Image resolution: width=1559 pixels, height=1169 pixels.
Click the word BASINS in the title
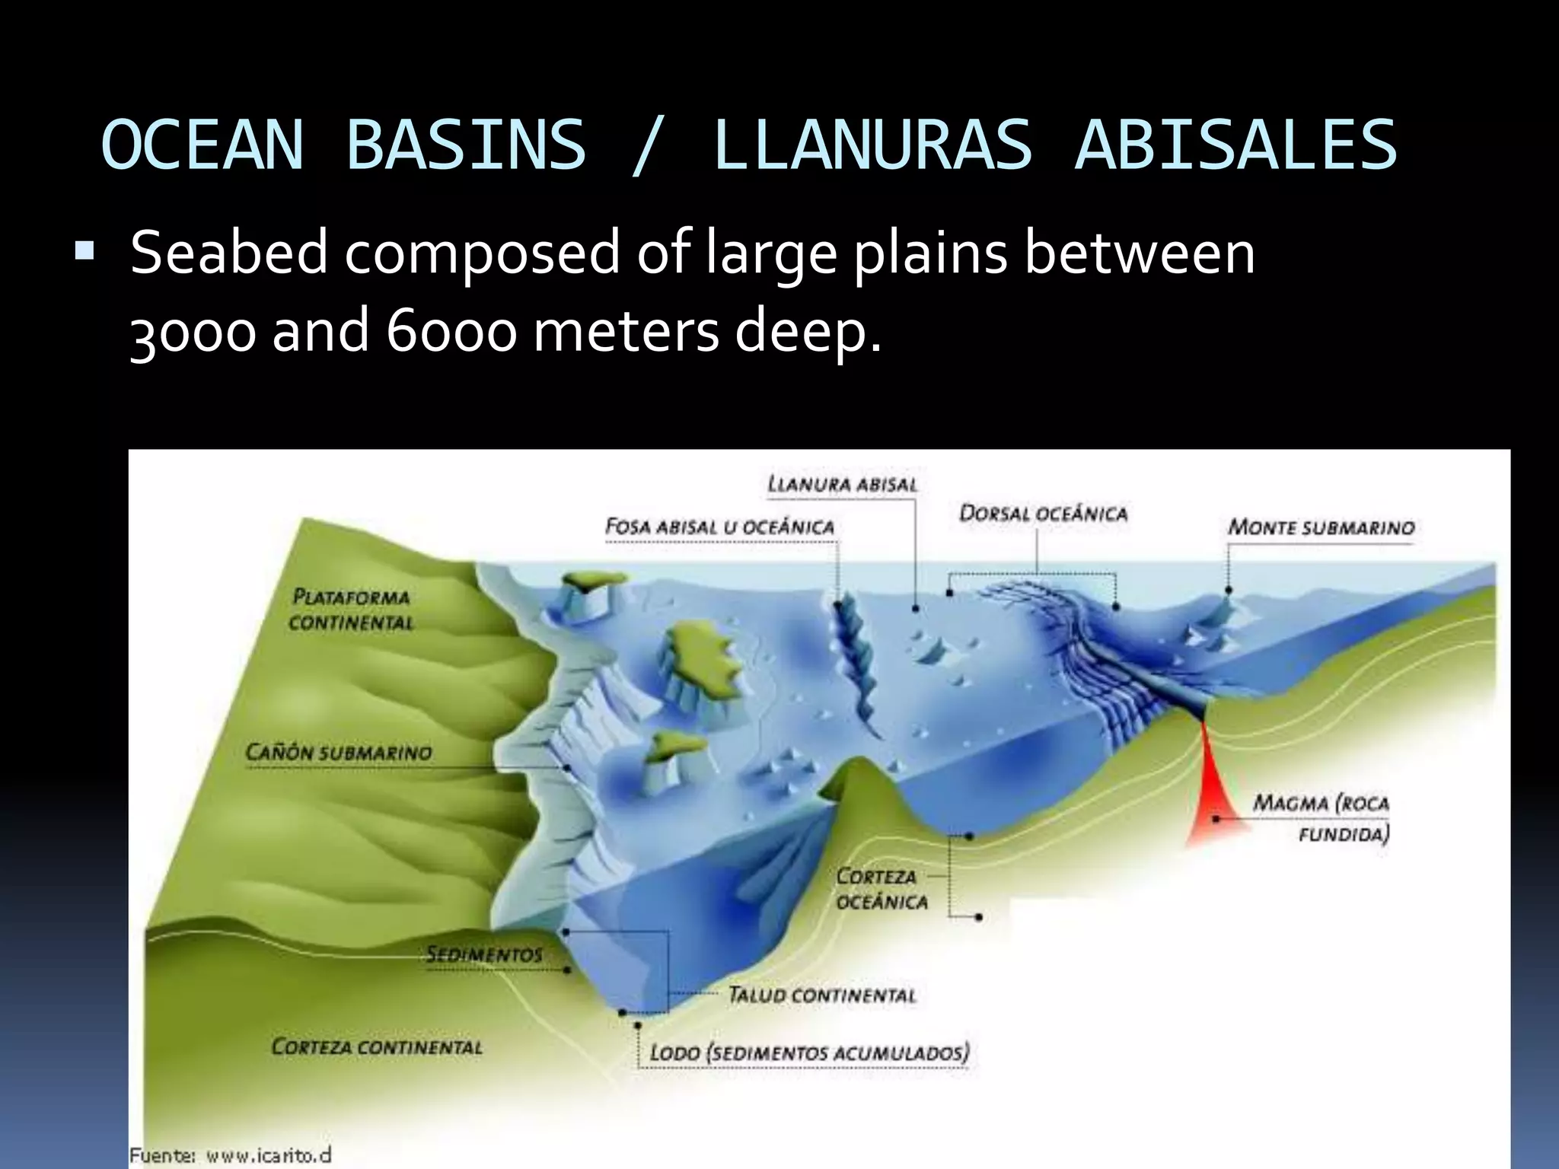[466, 145]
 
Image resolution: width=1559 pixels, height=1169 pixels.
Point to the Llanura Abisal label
[843, 484]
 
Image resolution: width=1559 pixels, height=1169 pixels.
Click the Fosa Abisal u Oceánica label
[719, 527]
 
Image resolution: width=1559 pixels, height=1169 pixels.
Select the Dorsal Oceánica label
[1043, 514]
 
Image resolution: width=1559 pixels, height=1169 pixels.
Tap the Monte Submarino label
[1321, 527]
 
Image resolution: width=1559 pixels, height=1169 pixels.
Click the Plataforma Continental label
[351, 610]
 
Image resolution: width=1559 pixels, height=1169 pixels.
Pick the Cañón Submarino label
[339, 753]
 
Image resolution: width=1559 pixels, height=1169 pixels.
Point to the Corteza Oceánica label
[882, 889]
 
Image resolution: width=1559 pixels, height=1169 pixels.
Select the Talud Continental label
[822, 995]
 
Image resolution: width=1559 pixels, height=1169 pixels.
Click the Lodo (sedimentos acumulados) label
[809, 1053]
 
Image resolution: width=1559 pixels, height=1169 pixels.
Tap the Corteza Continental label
[377, 1047]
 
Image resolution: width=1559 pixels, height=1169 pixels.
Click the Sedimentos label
[484, 954]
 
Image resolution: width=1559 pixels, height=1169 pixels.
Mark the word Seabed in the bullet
[228, 253]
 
